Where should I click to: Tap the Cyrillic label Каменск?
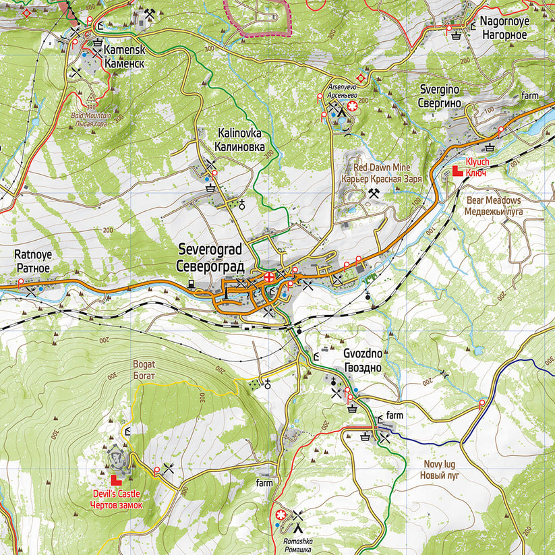coord(125,63)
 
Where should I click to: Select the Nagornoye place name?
coord(504,21)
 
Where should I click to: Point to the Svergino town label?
coord(440,90)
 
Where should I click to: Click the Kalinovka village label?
coord(239,134)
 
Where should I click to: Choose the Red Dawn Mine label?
coord(382,167)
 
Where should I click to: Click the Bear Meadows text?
coord(494,200)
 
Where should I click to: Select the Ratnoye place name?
coord(33,255)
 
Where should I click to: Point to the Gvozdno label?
coord(363,355)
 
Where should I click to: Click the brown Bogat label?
coord(144,364)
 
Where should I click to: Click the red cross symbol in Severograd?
coord(270,276)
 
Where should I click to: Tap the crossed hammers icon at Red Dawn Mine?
coord(372,194)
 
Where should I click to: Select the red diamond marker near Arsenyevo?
coord(362,78)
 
